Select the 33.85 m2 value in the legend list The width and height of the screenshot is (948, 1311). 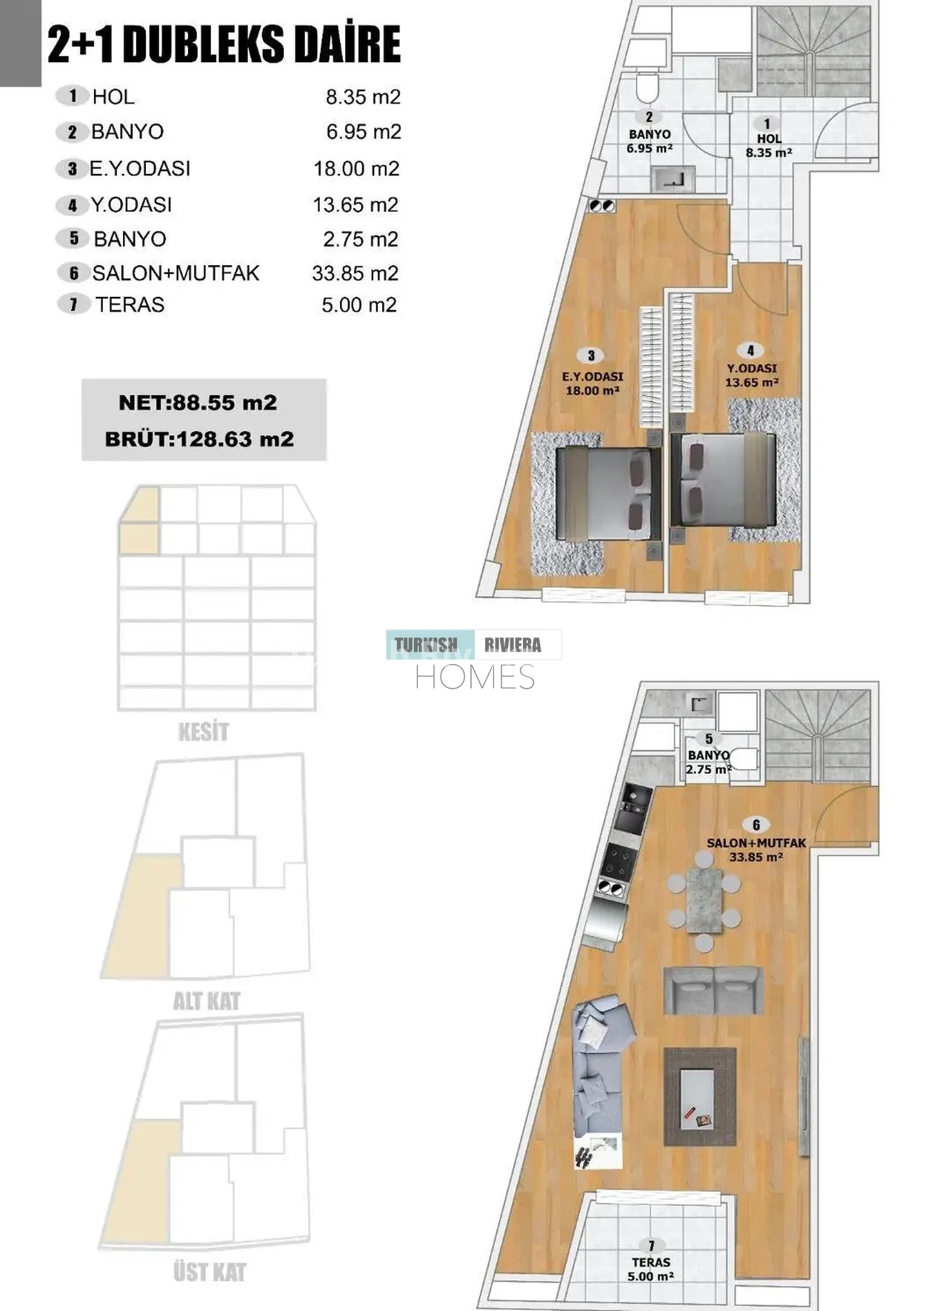pos(355,273)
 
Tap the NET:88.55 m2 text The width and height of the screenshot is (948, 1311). pos(198,403)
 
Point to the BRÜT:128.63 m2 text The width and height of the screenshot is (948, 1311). pos(199,439)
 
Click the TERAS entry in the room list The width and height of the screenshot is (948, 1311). pos(130,305)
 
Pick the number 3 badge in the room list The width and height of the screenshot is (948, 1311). pos(72,169)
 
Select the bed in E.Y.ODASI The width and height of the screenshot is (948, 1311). pos(609,494)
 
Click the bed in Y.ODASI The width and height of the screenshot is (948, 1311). pos(723,480)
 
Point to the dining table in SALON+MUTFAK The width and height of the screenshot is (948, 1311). pos(704,900)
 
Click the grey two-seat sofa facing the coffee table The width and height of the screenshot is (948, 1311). pos(713,989)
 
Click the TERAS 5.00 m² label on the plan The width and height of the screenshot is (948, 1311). pos(651,1269)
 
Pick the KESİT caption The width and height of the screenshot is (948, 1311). pos(203,732)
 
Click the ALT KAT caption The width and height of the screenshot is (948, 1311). pos(207,1002)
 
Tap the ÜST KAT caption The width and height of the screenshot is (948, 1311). pos(210,1273)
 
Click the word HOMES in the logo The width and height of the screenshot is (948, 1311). pos(475,677)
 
